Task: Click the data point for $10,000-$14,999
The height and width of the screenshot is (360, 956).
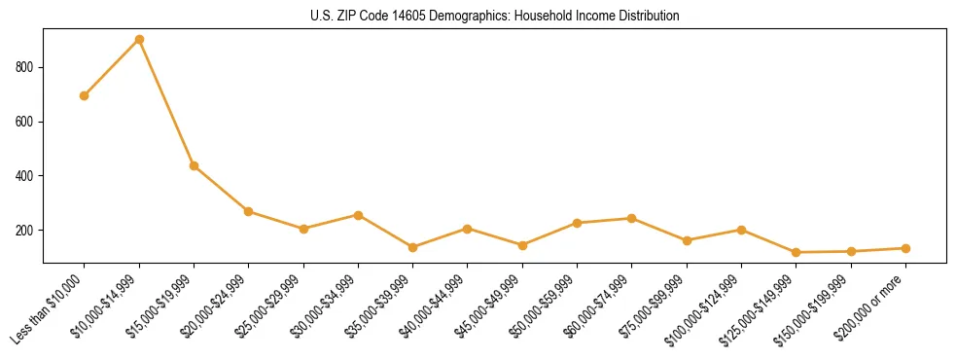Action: pyautogui.click(x=139, y=40)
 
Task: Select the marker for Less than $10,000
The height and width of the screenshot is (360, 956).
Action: pyautogui.click(x=85, y=95)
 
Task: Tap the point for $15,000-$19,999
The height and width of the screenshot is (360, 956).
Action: pyautogui.click(x=195, y=165)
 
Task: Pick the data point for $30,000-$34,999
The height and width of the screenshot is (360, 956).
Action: pyautogui.click(x=359, y=215)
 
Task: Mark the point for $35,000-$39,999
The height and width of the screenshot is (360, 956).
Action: pyautogui.click(x=413, y=247)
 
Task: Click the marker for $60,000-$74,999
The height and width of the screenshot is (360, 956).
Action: pyautogui.click(x=632, y=218)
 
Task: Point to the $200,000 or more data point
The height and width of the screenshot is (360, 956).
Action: pyautogui.click(x=905, y=248)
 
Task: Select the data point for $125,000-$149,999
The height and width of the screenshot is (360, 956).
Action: pyautogui.click(x=797, y=252)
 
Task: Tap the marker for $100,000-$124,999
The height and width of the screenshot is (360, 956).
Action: pyautogui.click(x=742, y=230)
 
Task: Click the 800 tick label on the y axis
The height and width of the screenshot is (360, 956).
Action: pyautogui.click(x=26, y=67)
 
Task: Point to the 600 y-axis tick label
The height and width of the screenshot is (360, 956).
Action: pyautogui.click(x=26, y=122)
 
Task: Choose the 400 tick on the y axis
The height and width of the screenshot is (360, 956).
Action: pyautogui.click(x=26, y=176)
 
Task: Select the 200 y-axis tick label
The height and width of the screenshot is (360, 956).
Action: pyautogui.click(x=26, y=231)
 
